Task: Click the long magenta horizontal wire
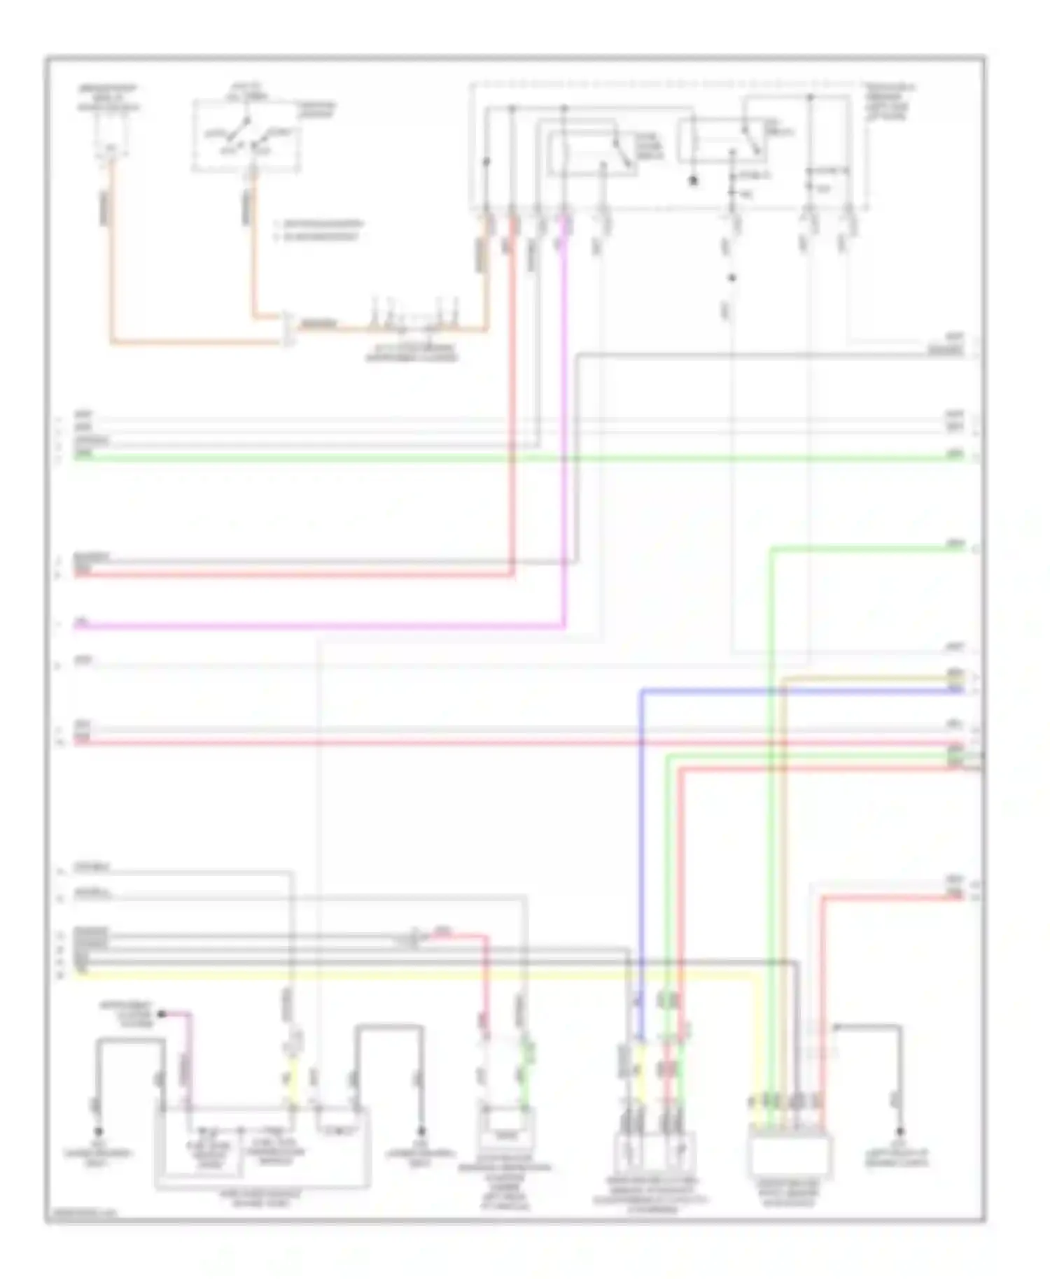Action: point(315,626)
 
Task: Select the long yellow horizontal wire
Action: point(420,973)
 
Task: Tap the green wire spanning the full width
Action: point(490,458)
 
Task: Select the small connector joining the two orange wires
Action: point(288,329)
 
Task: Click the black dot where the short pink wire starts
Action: point(162,1013)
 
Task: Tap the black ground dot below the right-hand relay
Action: point(694,181)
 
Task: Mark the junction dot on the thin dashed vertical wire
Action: point(732,278)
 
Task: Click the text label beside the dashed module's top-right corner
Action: point(890,101)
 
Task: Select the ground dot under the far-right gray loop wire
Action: point(900,1131)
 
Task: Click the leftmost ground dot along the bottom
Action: point(98,1131)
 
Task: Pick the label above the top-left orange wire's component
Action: point(108,98)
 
